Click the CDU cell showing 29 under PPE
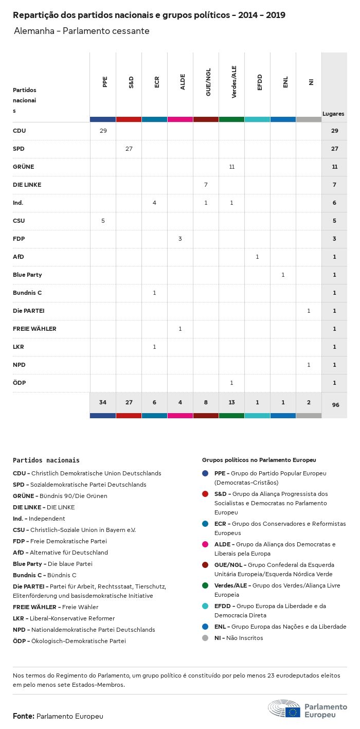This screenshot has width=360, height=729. coord(103,131)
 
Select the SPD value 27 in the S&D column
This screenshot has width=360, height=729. coord(129,149)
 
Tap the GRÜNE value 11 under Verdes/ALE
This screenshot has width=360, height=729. coord(231,167)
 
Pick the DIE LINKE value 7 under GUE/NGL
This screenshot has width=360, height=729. coord(206,185)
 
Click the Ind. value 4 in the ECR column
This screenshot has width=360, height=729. coord(154,203)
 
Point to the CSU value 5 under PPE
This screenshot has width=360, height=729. coord(103,221)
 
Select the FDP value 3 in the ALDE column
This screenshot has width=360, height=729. coord(180,239)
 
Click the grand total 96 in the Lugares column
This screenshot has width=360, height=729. coord(335,405)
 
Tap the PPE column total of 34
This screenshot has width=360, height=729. coord(103,402)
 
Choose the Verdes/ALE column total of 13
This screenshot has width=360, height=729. coord(231,402)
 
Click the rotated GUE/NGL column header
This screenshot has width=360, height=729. coord(208,83)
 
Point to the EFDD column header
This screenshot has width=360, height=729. coord(260,82)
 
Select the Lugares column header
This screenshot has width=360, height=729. coord(333,114)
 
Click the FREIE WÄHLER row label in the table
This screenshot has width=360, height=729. coord(34,329)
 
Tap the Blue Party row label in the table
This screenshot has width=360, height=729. coord(27,275)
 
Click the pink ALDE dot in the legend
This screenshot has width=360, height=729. coord(205,544)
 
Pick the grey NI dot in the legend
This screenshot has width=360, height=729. coord(205,638)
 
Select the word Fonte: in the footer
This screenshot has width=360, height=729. coord(24,716)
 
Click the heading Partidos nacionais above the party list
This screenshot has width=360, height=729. coord(46,460)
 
